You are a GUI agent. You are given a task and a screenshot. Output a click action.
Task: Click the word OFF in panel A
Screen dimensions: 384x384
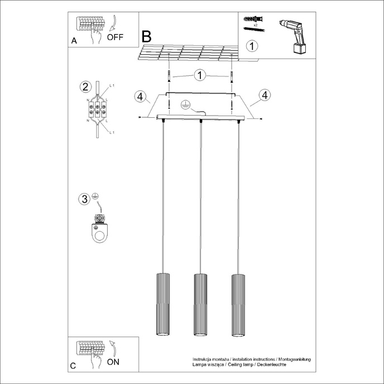click(x=116, y=38)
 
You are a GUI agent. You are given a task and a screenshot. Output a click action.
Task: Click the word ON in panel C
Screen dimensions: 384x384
click(x=113, y=362)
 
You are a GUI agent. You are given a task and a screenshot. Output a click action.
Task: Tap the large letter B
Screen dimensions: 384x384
click(x=146, y=37)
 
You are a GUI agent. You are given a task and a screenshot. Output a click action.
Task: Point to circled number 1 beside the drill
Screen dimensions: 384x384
click(x=253, y=45)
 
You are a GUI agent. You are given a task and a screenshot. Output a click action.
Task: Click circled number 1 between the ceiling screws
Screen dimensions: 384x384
click(x=200, y=75)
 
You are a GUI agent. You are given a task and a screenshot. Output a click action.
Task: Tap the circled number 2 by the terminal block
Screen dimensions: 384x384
click(x=85, y=87)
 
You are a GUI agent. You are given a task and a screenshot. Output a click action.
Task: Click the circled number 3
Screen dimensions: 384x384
click(x=84, y=199)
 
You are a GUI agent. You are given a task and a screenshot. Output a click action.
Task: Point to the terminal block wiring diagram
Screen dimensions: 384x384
click(x=98, y=109)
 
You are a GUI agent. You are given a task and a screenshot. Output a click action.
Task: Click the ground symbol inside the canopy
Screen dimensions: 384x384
click(x=186, y=104)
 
